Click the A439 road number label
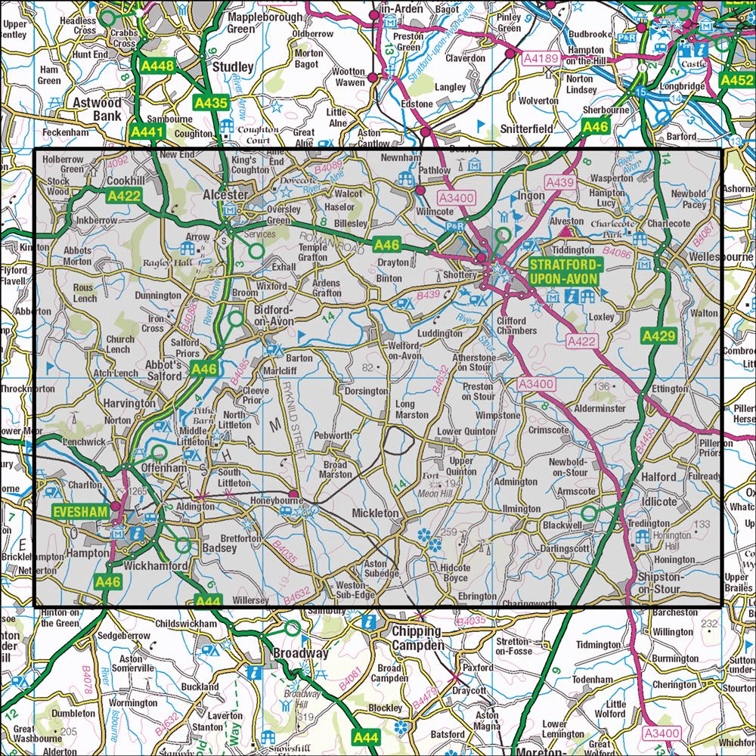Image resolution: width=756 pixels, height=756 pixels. point(560,182)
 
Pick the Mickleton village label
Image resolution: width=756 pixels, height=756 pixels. point(375,513)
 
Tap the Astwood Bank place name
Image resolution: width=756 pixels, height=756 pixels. point(92,108)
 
